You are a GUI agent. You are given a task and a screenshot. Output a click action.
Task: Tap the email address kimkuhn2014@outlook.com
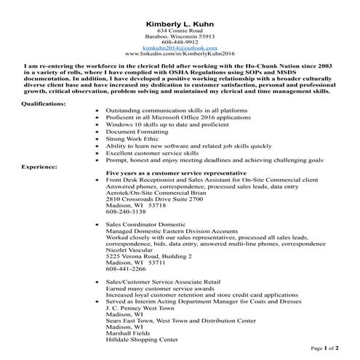point(180,47)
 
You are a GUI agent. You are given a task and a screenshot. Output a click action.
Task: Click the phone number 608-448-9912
point(180,41)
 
